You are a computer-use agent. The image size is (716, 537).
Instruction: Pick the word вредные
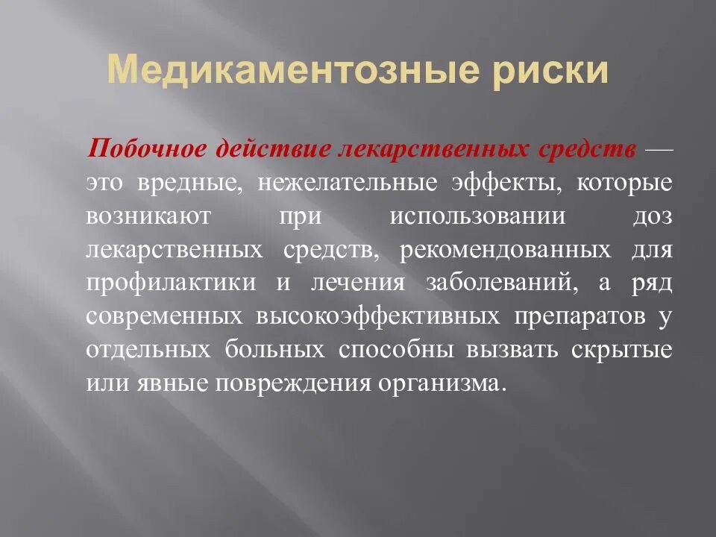tap(189, 183)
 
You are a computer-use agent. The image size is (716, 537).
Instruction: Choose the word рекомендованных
tap(505, 249)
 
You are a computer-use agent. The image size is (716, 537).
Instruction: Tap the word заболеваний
tap(499, 283)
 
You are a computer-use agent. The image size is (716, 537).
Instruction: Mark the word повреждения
tap(295, 383)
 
